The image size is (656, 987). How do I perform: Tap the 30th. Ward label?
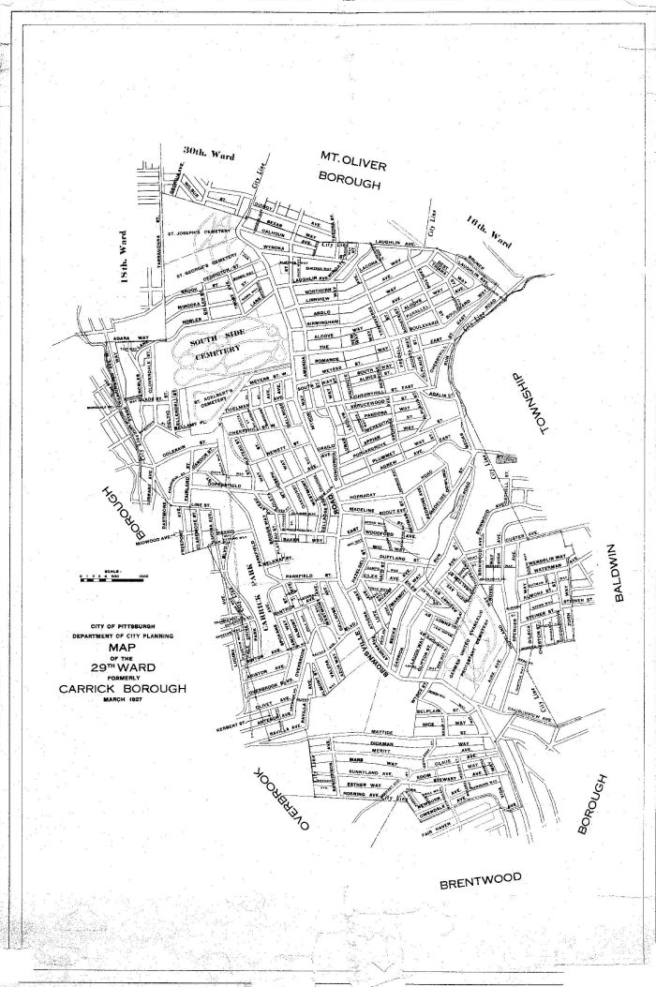pyautogui.click(x=209, y=152)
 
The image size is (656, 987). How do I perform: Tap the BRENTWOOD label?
pyautogui.click(x=481, y=879)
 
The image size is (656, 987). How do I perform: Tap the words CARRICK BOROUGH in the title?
pyautogui.click(x=121, y=688)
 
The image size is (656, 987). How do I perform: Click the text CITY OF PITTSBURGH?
pyautogui.click(x=121, y=626)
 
